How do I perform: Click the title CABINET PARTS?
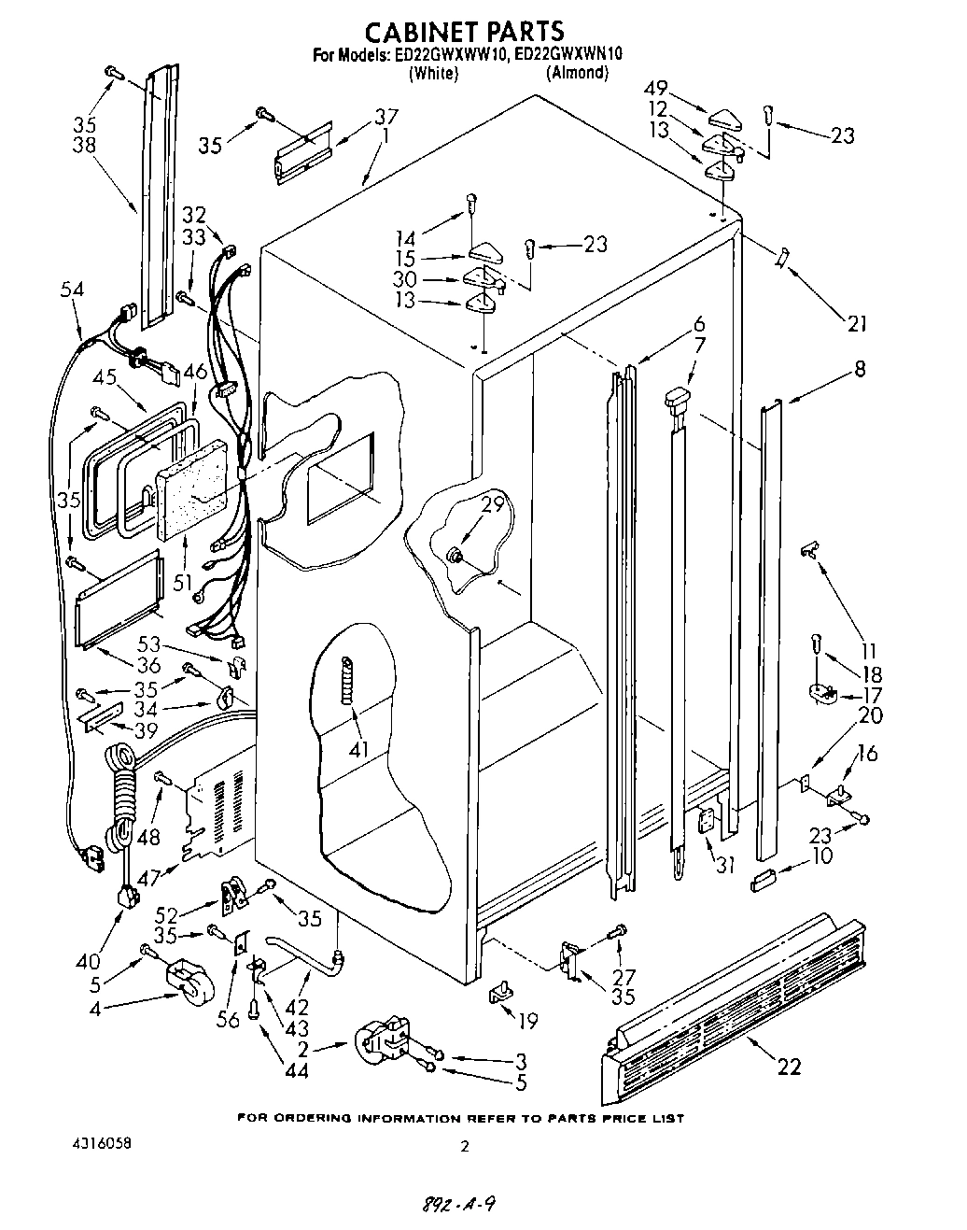click(464, 33)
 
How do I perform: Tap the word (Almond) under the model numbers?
click(577, 73)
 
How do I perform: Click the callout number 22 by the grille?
click(789, 1066)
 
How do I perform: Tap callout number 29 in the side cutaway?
click(492, 504)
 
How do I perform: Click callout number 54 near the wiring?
click(72, 290)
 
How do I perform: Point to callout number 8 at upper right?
click(859, 370)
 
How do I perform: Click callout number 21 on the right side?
click(857, 324)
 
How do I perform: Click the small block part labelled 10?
click(764, 878)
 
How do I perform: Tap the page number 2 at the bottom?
click(463, 1144)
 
